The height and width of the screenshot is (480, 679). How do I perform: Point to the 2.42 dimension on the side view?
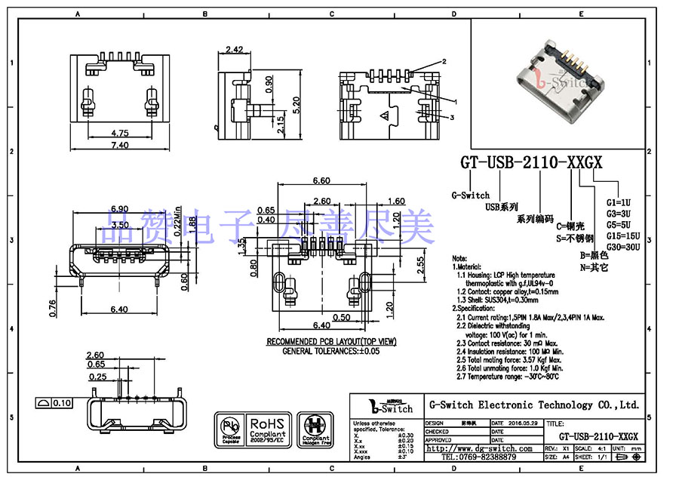tap(233, 50)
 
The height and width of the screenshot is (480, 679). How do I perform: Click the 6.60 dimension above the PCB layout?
tap(321, 181)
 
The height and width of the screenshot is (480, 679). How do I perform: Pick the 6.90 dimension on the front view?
tap(120, 208)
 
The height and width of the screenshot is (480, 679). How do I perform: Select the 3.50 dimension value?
tap(119, 225)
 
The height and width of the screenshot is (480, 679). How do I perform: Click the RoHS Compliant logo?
tap(266, 428)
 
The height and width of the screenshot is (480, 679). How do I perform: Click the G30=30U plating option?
tap(623, 247)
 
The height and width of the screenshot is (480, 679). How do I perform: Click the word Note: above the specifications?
tap(459, 257)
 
